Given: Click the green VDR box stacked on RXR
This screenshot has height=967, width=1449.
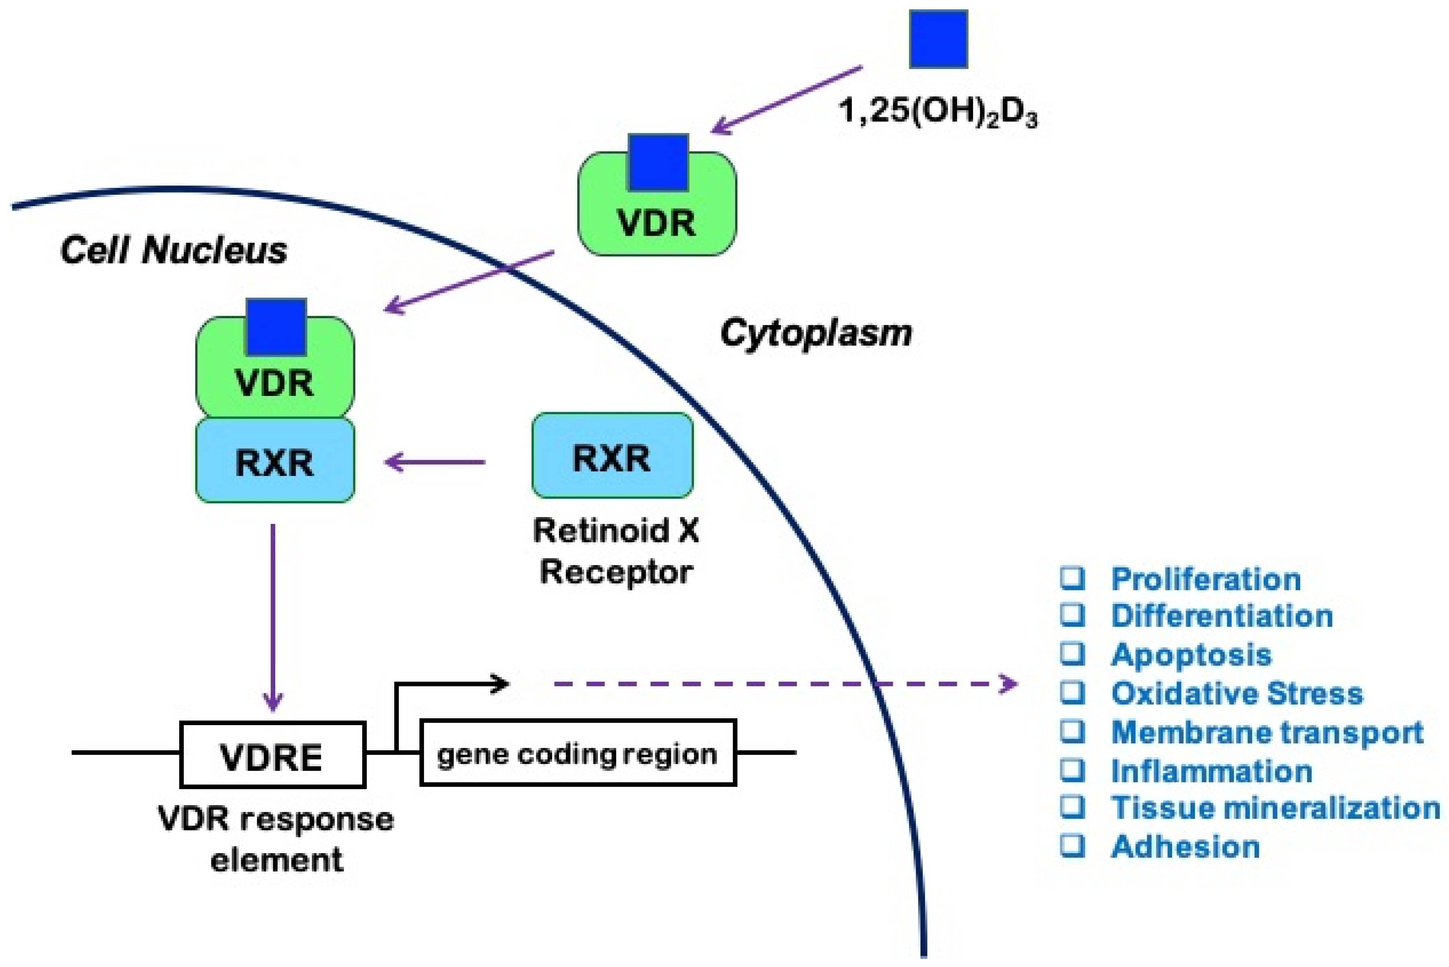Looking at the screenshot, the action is point(274,367).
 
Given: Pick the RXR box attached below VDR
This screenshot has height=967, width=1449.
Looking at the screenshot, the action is point(274,460).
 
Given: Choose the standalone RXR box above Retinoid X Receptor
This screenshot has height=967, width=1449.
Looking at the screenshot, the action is point(612,456).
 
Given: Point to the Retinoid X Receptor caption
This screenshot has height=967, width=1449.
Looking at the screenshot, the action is point(616,551).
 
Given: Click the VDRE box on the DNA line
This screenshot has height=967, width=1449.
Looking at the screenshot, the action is point(273,755).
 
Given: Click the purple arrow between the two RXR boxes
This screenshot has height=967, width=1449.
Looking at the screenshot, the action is point(435,461).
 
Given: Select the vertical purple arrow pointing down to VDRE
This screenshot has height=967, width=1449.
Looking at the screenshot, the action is point(273,617).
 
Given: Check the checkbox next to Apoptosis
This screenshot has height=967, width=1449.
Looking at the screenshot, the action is point(1072,654).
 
